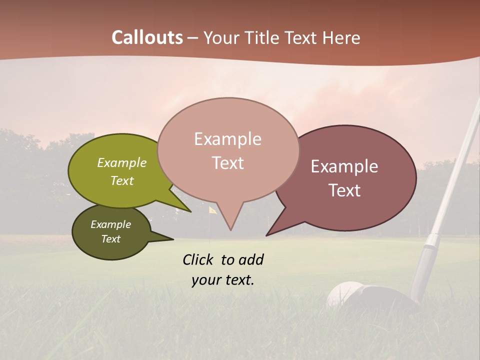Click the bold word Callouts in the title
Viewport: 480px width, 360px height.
147,37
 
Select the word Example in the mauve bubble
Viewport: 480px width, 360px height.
344,166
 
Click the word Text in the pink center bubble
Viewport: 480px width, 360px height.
228,163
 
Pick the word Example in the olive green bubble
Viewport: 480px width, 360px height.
122,162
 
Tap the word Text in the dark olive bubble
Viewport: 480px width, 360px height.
111,239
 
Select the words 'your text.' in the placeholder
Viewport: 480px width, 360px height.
223,280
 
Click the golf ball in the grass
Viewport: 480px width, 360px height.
342,295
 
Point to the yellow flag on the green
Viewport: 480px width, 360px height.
212,210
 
